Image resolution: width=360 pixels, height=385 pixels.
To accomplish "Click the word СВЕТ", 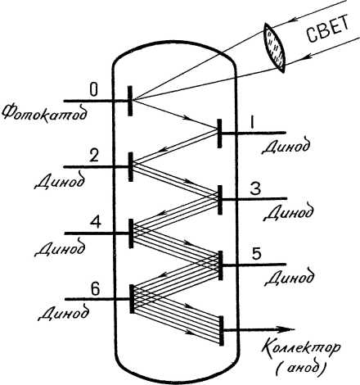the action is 328,28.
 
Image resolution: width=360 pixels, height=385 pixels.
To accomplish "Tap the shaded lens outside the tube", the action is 274,48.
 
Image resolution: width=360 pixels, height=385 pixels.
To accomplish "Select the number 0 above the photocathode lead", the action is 93,90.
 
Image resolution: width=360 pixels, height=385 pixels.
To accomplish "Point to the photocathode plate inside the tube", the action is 130,101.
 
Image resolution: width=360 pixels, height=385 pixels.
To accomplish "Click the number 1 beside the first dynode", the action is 252,122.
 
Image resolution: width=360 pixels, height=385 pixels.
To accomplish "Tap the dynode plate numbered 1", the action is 219,134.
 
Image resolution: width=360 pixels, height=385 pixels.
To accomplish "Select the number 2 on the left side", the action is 93,156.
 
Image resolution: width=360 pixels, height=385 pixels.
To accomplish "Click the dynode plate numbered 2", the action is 131,167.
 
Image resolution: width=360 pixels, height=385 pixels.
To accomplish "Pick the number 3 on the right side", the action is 255,189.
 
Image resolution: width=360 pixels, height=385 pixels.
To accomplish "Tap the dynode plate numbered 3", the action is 220,200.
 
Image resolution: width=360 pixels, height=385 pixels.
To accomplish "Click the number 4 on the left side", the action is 96,222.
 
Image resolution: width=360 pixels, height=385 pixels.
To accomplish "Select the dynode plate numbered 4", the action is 131,233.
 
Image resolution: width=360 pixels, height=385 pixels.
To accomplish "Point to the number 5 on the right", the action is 256,254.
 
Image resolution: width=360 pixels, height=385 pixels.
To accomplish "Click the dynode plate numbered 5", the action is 221,265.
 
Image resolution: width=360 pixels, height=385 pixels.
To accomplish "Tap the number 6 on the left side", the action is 95,289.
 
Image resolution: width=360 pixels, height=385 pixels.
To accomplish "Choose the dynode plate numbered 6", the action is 132,299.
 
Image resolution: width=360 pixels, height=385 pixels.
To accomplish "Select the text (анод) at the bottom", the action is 301,369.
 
